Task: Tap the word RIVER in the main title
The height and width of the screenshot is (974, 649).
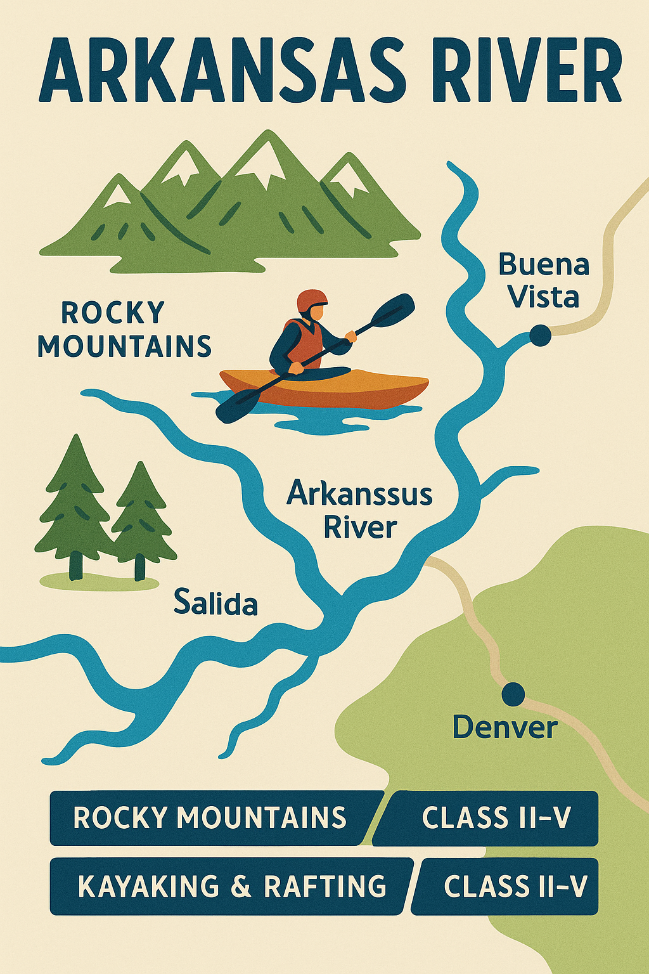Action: point(529,71)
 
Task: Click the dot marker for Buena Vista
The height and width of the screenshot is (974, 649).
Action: point(540,335)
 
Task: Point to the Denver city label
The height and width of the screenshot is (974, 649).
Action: point(505,727)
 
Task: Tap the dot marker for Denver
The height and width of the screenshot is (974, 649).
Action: point(513,694)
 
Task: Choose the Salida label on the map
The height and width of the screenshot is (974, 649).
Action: point(215,602)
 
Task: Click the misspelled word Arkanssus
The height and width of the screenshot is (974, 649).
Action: point(359,493)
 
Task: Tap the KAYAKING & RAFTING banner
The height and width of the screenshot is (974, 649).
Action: point(231,886)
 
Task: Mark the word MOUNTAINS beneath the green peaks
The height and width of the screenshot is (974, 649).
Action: point(124,346)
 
